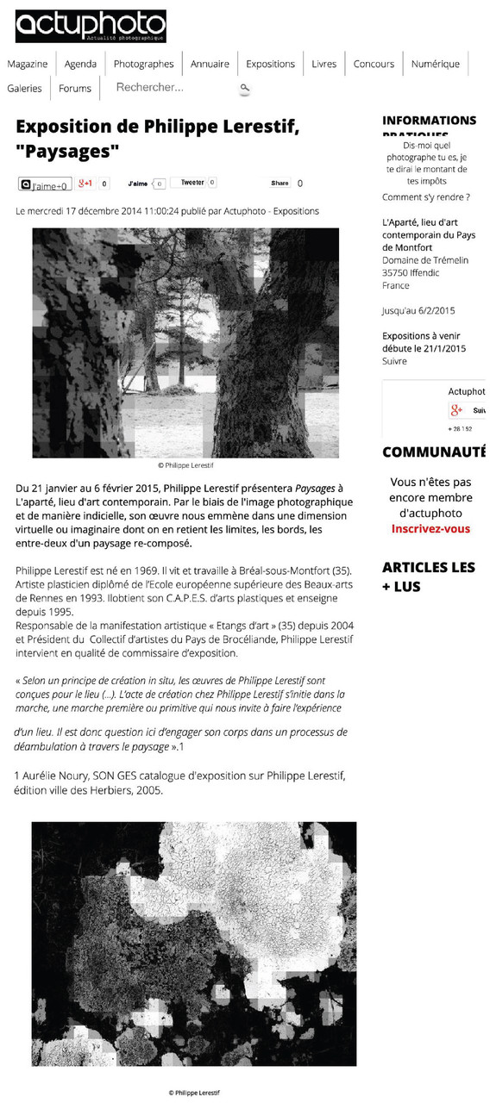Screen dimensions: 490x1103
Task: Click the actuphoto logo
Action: pos(90,26)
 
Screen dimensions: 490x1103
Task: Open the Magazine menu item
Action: pos(28,64)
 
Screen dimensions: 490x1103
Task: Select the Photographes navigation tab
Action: pos(143,64)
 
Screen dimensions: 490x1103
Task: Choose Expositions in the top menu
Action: pos(270,64)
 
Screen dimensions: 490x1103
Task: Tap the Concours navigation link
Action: pos(374,64)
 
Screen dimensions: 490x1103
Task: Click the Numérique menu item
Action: pos(436,64)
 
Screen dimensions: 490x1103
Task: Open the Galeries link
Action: pos(24,88)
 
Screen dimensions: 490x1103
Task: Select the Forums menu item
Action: pos(75,88)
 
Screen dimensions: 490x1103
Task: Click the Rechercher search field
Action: pos(173,87)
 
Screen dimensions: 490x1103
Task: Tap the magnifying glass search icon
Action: pos(245,88)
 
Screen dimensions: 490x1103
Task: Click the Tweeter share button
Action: pos(192,183)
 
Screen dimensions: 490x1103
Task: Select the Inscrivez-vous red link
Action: pos(430,529)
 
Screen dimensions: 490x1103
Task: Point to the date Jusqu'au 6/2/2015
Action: pos(418,311)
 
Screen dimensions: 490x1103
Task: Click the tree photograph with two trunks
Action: pos(185,342)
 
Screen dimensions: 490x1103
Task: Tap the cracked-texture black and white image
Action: pos(193,944)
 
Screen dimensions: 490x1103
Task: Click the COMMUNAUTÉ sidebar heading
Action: pos(434,452)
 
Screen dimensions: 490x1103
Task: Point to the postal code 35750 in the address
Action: pos(396,273)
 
